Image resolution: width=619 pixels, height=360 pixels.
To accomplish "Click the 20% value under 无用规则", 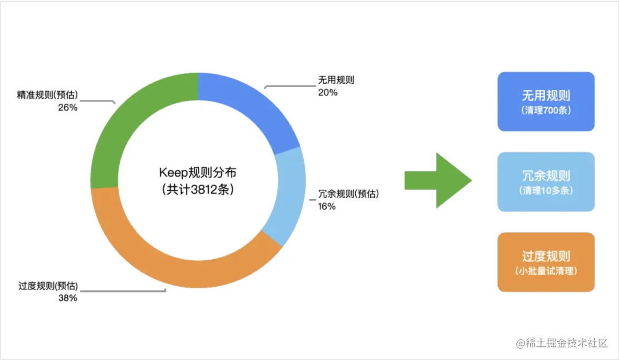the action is [x=328, y=92].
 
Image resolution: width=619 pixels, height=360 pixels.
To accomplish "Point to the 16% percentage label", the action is [x=327, y=206].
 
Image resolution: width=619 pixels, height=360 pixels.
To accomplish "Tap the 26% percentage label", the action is [x=68, y=107].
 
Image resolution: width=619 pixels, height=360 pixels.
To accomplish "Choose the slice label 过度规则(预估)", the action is [x=48, y=286].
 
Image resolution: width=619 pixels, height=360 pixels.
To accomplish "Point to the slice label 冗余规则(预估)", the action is [x=348, y=194].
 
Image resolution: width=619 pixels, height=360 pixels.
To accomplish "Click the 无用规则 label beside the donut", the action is [x=336, y=80].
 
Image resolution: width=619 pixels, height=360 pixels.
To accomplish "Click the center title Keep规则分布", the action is [x=198, y=173].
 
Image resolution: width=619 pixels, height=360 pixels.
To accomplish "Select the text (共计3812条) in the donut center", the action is [x=198, y=190].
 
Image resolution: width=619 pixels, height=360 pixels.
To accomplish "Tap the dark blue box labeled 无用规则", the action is [x=546, y=101].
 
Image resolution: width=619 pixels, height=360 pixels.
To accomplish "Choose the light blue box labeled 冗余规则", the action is [x=546, y=182].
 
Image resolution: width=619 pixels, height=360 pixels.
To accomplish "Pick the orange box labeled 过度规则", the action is [x=546, y=262].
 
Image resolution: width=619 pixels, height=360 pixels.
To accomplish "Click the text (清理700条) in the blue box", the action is [x=546, y=111].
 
